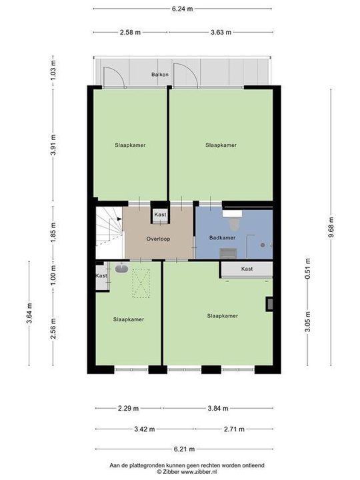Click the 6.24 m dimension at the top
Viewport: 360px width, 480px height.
point(182,9)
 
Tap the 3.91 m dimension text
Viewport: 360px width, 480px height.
point(53,144)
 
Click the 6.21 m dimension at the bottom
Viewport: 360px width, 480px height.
point(183,449)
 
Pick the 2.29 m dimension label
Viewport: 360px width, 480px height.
point(128,409)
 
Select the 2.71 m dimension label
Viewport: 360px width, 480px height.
point(235,429)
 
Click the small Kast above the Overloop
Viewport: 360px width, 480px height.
point(160,214)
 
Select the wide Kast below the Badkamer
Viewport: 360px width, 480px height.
point(247,269)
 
